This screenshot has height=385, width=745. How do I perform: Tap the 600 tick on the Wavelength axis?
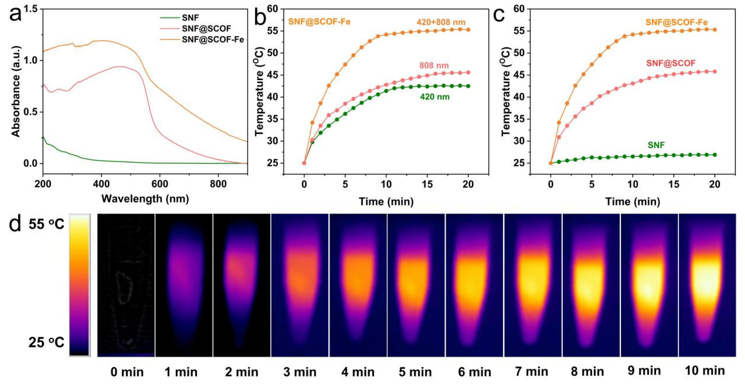click(x=160, y=184)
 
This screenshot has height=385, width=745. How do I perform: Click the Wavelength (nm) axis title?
click(x=145, y=199)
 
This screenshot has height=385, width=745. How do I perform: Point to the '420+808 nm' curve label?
click(x=441, y=22)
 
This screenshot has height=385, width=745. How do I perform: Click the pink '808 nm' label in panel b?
click(x=434, y=65)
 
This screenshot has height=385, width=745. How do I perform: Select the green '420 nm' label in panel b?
click(x=435, y=97)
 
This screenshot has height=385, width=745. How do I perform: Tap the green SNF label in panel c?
click(x=656, y=145)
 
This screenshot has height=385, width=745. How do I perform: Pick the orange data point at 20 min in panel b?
click(x=468, y=30)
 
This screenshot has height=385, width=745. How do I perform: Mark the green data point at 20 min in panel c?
click(x=715, y=155)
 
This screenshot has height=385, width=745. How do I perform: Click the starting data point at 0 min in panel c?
click(x=551, y=163)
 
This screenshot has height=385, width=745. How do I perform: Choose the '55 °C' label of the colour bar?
click(x=46, y=224)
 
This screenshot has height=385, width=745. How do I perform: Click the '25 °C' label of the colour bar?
click(x=46, y=343)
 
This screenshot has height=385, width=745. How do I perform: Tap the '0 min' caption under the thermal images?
click(x=127, y=372)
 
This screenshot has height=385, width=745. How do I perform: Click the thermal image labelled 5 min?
click(x=416, y=285)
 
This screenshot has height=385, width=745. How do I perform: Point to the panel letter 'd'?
click(x=15, y=224)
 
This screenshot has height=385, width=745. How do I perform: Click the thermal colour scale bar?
click(x=79, y=285)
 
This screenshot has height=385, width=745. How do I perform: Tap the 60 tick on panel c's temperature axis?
click(x=519, y=9)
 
